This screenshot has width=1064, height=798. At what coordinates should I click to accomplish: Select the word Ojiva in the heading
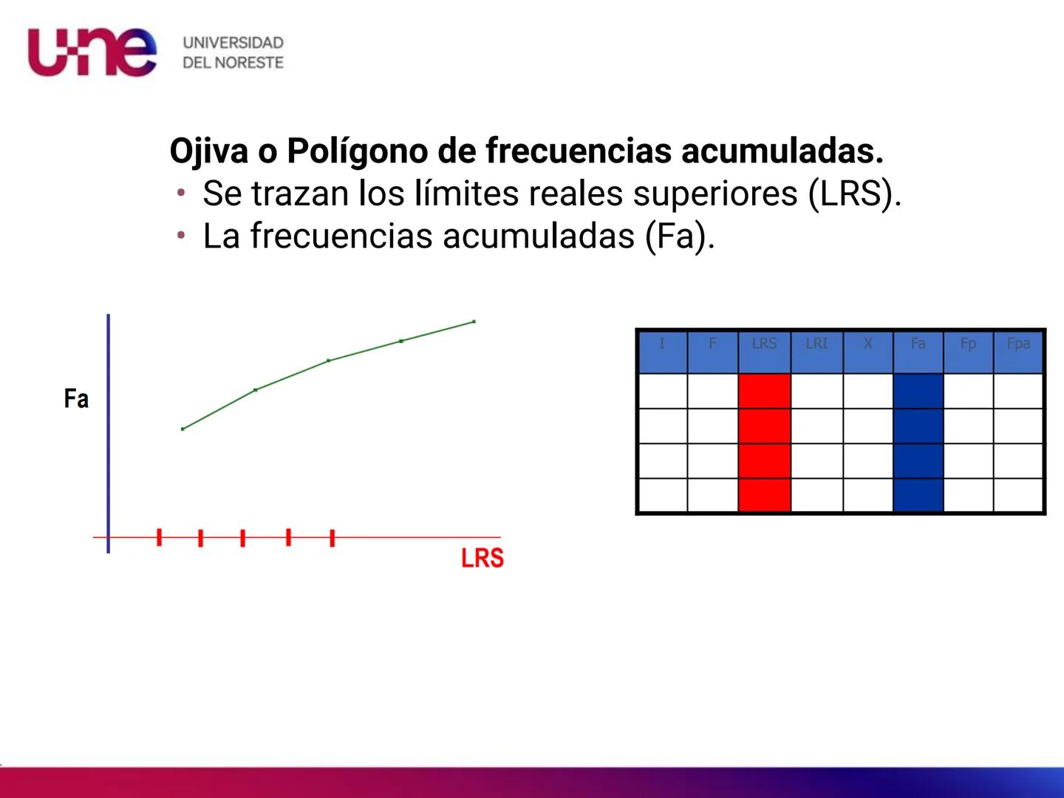[x=208, y=151]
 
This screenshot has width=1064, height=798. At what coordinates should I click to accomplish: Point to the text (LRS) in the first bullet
[x=854, y=194]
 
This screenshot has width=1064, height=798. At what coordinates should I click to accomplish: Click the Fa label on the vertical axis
[x=76, y=399]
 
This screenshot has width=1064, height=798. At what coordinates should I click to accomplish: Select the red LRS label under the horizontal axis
[x=482, y=558]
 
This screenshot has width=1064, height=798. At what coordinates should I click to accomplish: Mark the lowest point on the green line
[x=183, y=429]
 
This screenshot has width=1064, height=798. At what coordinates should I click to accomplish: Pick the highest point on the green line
[x=474, y=321]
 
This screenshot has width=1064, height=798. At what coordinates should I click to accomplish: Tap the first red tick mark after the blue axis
[x=159, y=537]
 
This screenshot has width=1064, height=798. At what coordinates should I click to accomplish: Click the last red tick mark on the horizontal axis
[x=332, y=538]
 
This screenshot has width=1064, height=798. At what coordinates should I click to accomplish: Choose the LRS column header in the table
[x=764, y=344]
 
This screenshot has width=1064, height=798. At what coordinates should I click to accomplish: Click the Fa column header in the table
[x=918, y=344]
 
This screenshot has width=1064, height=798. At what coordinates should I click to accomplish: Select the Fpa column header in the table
[x=1018, y=344]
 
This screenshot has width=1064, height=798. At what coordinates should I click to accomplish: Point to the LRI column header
[x=816, y=344]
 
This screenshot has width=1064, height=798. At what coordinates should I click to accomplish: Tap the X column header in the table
[x=867, y=344]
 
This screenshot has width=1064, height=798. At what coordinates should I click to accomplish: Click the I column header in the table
[x=662, y=344]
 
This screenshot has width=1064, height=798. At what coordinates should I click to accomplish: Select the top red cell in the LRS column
[x=764, y=391]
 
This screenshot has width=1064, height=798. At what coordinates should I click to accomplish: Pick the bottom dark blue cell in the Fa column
[x=918, y=495]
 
